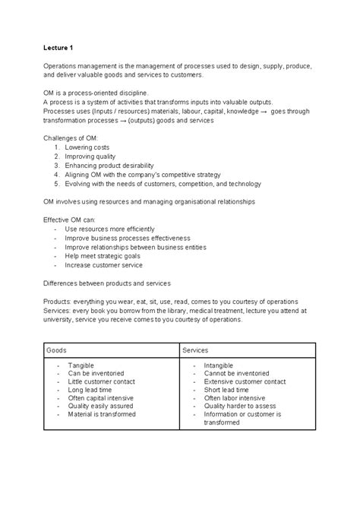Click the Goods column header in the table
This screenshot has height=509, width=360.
[56, 350]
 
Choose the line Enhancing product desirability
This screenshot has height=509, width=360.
[109, 164]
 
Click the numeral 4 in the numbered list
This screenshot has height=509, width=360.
[57, 174]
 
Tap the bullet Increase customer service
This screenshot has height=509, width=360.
[103, 266]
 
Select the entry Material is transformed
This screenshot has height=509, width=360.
[102, 415]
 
